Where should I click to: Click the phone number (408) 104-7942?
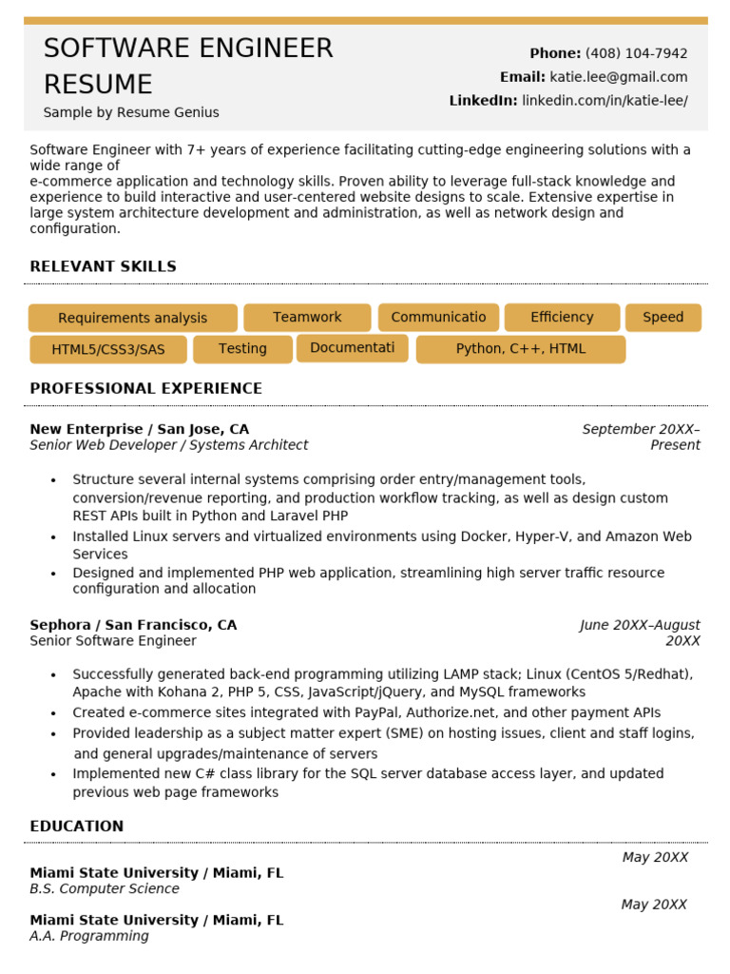pos(636,53)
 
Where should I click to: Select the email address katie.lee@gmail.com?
pos(618,77)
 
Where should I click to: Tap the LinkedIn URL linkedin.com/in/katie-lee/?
pos(605,101)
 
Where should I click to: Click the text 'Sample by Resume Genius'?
pos(131,112)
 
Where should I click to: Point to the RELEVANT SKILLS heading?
pos(103,266)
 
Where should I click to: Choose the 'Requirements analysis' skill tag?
pos(132,318)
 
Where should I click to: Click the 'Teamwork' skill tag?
pos(307,317)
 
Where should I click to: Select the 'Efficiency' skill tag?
pos(562,317)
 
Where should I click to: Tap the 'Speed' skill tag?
pos(663,317)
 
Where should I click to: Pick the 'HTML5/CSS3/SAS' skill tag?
pos(108,349)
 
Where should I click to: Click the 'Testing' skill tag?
pos(242,348)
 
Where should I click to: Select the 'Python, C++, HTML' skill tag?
pos(521,348)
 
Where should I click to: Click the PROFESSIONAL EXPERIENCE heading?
pos(145,388)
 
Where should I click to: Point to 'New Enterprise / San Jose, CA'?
pos(139,429)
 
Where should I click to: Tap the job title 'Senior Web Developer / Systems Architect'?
pos(168,445)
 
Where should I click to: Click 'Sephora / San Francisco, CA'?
pos(133,625)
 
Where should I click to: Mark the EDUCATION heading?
pos(76,826)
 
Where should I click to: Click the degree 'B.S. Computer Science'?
pos(105,888)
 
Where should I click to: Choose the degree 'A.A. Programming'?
pos(89,936)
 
